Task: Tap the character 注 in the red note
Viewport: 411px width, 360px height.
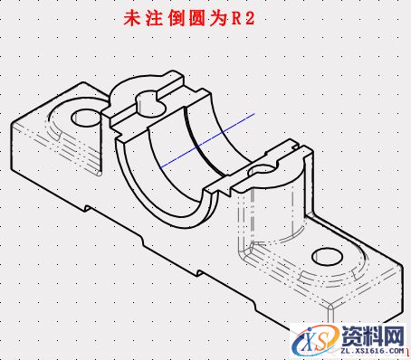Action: coord(154,19)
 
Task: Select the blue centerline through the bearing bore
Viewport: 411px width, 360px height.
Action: coord(205,140)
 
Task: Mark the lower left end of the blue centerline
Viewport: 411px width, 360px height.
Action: coord(158,167)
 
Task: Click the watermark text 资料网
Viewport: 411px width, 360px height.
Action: coord(371,335)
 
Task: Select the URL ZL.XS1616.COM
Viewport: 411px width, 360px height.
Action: coord(371,350)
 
